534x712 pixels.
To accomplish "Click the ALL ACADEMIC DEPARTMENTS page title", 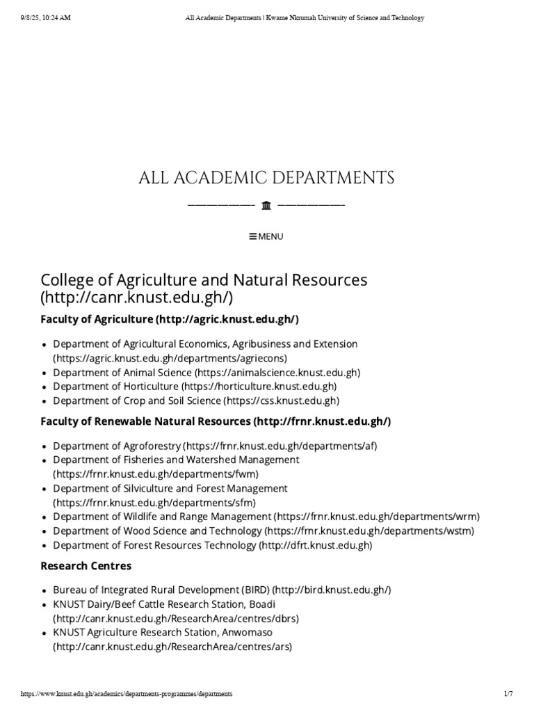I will click(x=266, y=178).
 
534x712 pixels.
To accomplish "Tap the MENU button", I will click(x=266, y=236).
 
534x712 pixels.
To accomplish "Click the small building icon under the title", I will click(x=266, y=205).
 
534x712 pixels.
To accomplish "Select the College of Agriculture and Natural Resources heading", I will click(x=204, y=281).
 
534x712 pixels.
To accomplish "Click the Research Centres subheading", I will click(x=86, y=566).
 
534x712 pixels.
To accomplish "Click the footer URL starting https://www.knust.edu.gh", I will click(x=127, y=694).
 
